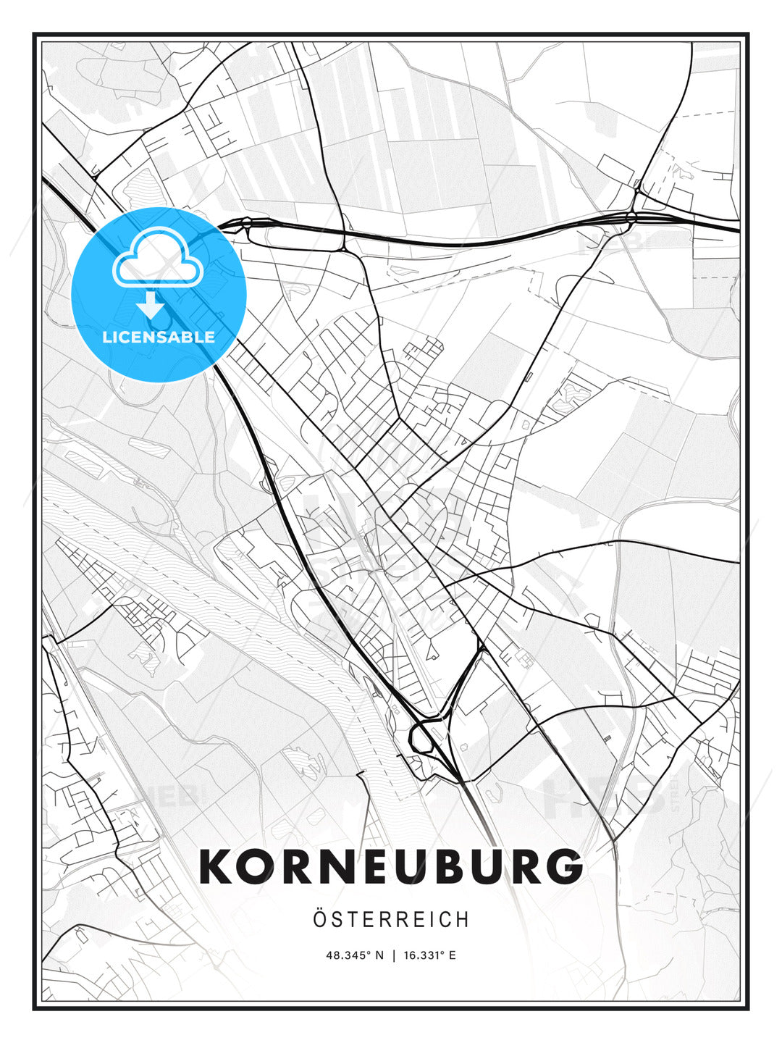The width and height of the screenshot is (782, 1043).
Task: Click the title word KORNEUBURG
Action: pyautogui.click(x=391, y=866)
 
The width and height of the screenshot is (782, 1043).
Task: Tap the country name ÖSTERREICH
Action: pyautogui.click(x=391, y=920)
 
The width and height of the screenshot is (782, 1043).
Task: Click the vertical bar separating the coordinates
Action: pyautogui.click(x=394, y=955)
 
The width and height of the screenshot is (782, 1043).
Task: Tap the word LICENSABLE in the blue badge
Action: pyautogui.click(x=159, y=337)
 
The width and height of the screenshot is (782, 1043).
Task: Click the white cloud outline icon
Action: pyautogui.click(x=156, y=257)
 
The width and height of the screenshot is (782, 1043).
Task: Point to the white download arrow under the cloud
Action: pyautogui.click(x=151, y=305)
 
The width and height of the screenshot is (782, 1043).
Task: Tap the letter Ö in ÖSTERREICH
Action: pyautogui.click(x=321, y=919)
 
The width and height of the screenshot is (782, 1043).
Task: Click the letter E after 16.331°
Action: pyautogui.click(x=453, y=955)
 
